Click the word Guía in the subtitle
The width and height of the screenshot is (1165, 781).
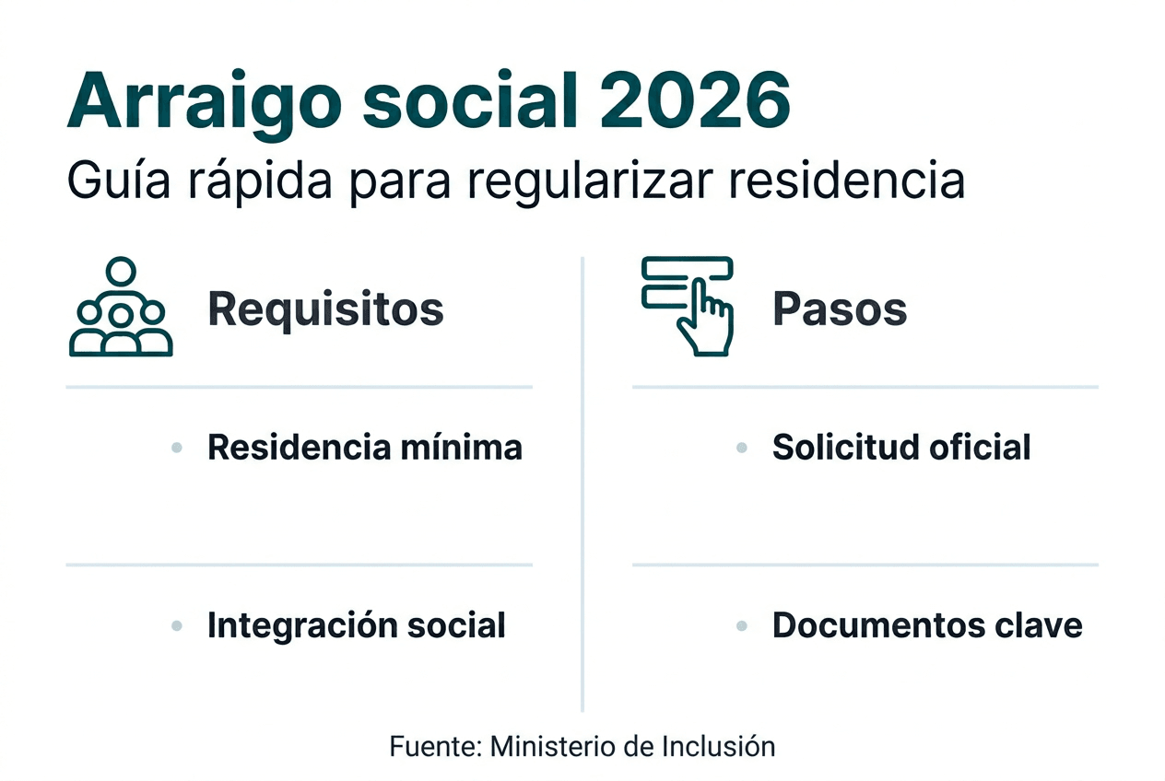point(114,181)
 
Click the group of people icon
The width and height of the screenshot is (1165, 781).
point(121,308)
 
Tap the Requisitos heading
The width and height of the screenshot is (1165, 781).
point(325,309)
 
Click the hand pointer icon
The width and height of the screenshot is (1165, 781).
point(689,306)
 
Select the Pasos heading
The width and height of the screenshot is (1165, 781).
point(840,309)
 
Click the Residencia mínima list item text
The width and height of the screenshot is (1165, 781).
point(365,447)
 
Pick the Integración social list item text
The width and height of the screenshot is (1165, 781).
point(356,625)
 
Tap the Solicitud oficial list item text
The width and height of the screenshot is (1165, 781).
point(901,447)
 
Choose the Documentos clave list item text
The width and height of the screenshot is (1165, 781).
point(927,625)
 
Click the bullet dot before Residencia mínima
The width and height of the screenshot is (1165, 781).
point(177,448)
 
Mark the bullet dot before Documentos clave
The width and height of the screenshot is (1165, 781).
point(741,626)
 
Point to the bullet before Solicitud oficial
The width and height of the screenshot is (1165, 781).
point(741,448)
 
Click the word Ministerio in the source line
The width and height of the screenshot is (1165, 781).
point(553,746)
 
